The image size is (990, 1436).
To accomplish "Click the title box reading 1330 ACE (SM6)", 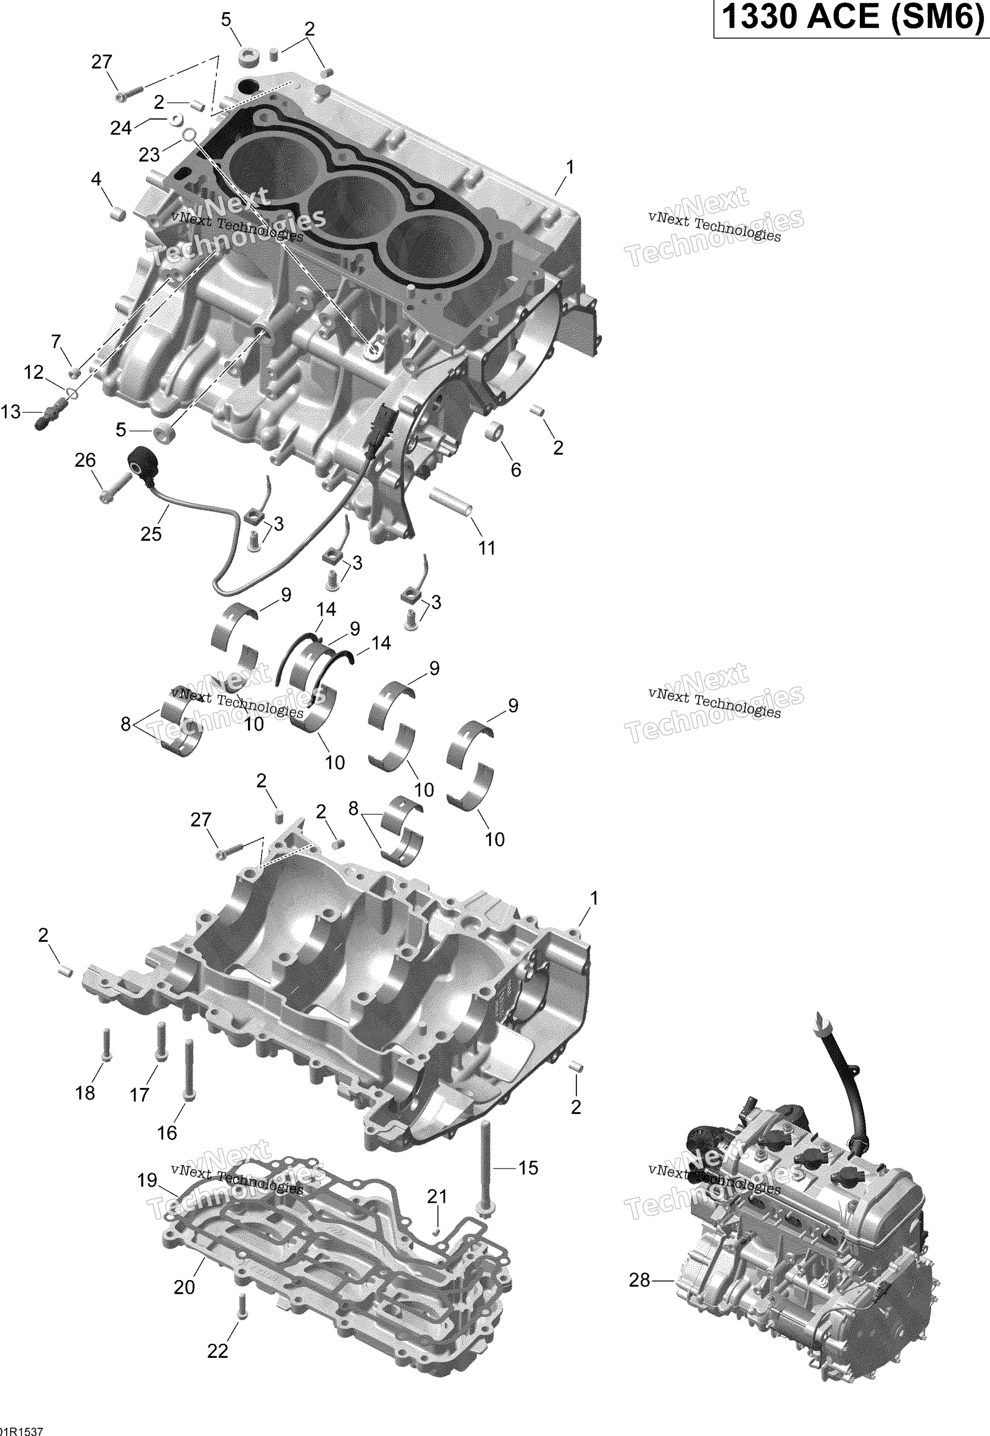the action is click(851, 18).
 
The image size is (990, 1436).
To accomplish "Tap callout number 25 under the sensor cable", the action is click(151, 533).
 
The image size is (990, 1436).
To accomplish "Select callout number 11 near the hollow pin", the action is click(486, 548).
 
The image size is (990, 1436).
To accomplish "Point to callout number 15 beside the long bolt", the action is click(528, 1168).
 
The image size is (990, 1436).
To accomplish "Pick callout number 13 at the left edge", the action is click(11, 412).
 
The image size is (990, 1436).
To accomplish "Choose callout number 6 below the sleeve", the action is click(516, 469).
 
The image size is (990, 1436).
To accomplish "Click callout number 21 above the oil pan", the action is click(437, 1197).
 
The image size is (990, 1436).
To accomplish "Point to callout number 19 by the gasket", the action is click(147, 1180).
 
